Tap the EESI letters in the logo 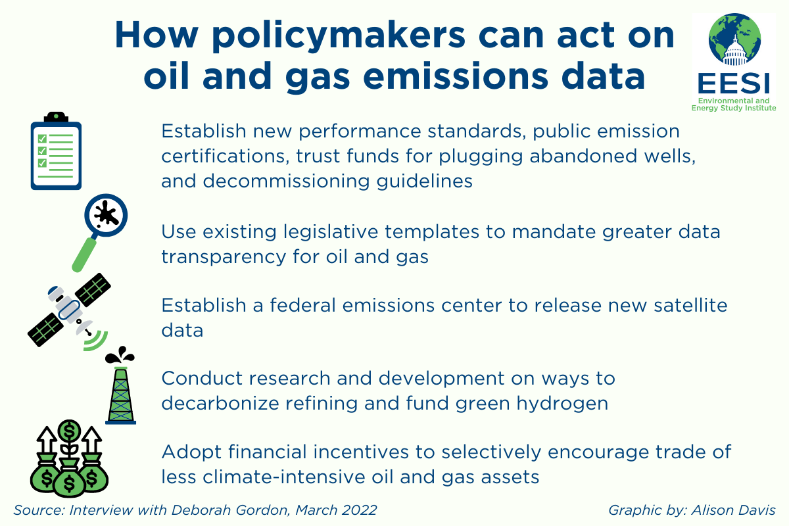point(734,84)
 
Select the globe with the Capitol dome point(735,39)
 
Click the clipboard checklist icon point(56,151)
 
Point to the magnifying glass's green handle point(84,254)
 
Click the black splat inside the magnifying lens point(107,214)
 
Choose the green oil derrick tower point(121,395)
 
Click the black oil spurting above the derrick point(120,356)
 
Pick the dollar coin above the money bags point(69,431)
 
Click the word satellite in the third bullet point(691,305)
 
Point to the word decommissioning point(287,181)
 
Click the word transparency point(224,257)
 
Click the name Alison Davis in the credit point(733,510)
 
